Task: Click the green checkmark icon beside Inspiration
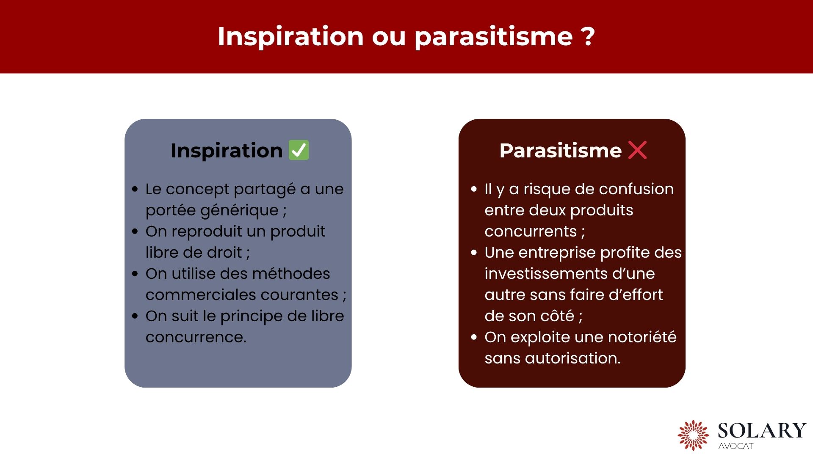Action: pyautogui.click(x=299, y=150)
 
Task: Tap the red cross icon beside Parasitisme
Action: pyautogui.click(x=637, y=150)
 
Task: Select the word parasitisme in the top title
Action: pyautogui.click(x=494, y=37)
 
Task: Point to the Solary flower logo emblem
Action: pyautogui.click(x=693, y=435)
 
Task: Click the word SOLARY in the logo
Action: pyautogui.click(x=762, y=431)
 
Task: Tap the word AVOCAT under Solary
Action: pyautogui.click(x=736, y=446)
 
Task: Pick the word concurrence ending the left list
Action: pyautogui.click(x=196, y=337)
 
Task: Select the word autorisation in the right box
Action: pyautogui.click(x=572, y=358)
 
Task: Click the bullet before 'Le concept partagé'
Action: pyautogui.click(x=135, y=189)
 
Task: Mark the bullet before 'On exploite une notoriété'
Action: pyautogui.click(x=474, y=337)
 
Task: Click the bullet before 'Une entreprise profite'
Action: pyautogui.click(x=474, y=253)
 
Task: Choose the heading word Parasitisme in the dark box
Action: pyautogui.click(x=560, y=151)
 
